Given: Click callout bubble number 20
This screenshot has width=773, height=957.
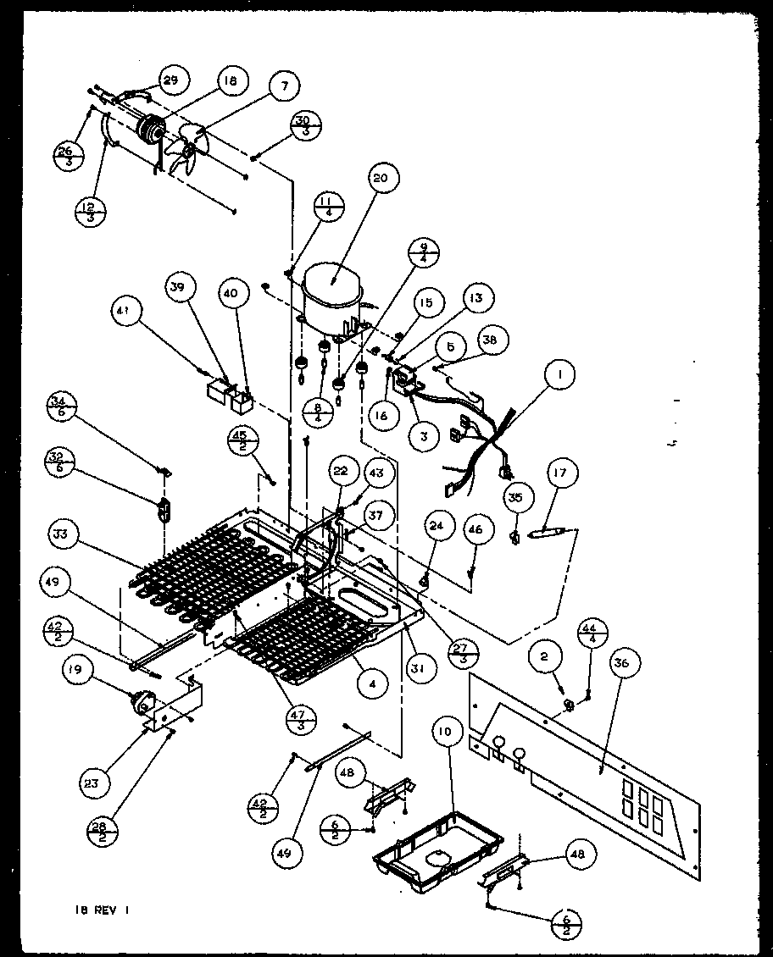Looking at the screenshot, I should click(379, 178).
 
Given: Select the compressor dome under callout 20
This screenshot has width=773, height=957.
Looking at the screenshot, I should click(333, 288).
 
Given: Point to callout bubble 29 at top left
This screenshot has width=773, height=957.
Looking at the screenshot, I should click(171, 80).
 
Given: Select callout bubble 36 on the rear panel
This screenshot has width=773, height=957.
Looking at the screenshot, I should click(622, 664).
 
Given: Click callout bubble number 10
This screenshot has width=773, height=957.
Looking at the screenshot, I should click(446, 729).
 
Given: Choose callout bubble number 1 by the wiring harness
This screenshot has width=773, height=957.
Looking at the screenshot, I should click(560, 373).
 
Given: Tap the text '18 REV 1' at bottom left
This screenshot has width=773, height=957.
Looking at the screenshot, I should click(100, 912).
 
